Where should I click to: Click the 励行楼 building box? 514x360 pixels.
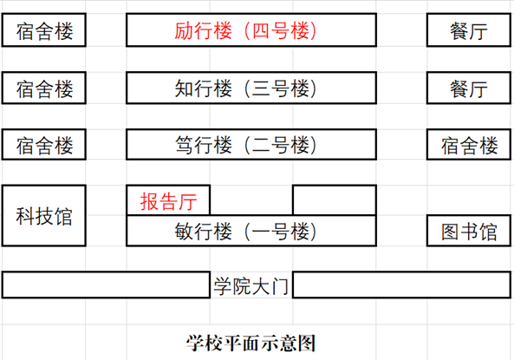(251, 29)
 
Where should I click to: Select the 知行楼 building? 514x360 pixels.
(251, 88)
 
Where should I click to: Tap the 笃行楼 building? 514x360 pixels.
(251, 144)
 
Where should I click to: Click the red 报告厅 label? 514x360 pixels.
(168, 201)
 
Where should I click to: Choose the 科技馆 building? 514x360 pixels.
(44, 216)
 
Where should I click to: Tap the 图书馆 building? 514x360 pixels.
(469, 231)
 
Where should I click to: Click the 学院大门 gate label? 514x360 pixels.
(251, 286)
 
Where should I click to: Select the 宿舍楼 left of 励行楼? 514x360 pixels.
(44, 29)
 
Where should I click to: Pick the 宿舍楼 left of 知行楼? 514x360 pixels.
(44, 88)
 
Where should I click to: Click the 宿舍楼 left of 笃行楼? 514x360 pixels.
(44, 144)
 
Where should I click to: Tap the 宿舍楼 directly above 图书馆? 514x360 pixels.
(469, 144)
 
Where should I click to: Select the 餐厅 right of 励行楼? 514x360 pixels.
(469, 29)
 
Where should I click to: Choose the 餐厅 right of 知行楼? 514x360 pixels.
(469, 88)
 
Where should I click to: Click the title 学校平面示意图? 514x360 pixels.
(251, 344)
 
